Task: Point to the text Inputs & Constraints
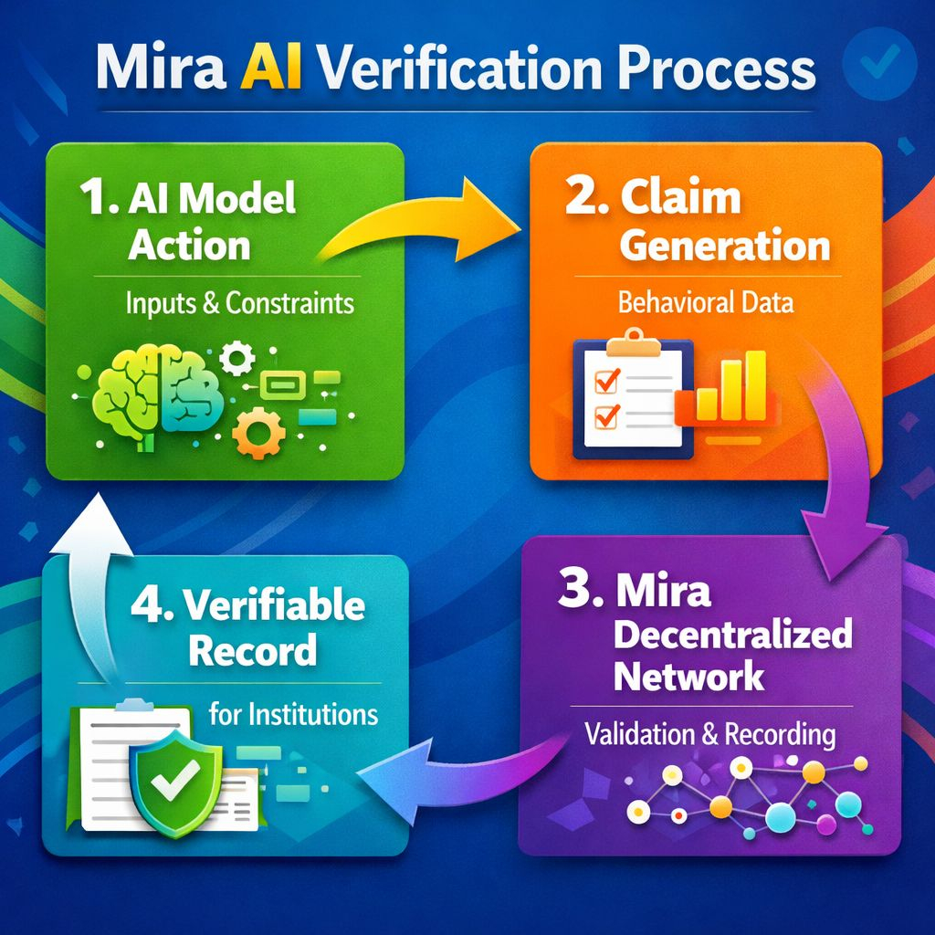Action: (x=240, y=302)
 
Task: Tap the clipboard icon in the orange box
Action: (x=627, y=394)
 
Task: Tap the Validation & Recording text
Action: (x=709, y=733)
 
